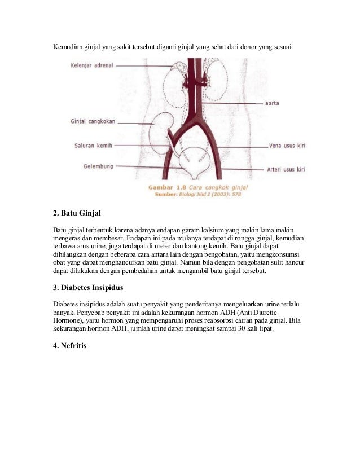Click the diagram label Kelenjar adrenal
click(91, 65)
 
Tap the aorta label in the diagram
click(271, 104)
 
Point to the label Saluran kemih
click(93, 145)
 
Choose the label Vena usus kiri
click(287, 146)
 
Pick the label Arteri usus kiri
click(286, 169)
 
